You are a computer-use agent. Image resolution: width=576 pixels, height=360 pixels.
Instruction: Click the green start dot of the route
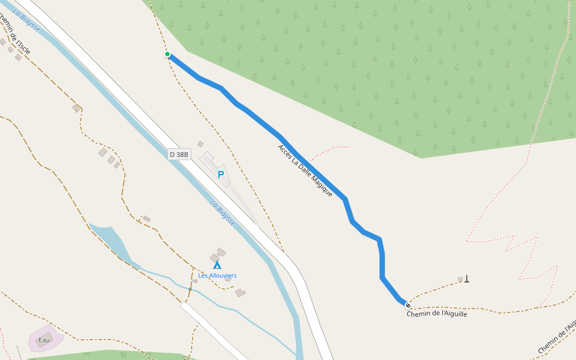coord(167,55)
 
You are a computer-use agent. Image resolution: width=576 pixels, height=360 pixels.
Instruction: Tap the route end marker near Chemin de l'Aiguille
coord(408,305)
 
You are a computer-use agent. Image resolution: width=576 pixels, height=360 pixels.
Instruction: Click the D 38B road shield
coord(179,154)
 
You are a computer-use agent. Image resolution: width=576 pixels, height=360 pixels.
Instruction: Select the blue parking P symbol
coord(220,175)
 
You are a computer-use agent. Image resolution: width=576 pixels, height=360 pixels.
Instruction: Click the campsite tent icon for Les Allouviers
coord(217,265)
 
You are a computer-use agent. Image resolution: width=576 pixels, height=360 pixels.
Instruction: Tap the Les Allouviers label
coord(217,275)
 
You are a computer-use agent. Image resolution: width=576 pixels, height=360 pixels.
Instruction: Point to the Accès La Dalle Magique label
coord(305,170)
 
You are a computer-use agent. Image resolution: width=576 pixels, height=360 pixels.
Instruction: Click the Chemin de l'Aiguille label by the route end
coord(436,314)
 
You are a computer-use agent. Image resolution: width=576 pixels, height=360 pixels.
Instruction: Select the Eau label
coord(44,340)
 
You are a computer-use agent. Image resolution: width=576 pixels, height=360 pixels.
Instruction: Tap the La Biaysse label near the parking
coord(222,213)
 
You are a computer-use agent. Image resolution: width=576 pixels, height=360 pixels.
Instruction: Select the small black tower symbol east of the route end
coord(467,278)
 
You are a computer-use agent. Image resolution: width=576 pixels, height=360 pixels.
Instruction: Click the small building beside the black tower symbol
coord(460,279)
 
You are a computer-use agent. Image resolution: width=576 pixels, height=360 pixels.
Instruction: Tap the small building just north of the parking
coord(200,144)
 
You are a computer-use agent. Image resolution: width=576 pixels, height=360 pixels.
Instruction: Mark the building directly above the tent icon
coord(218,254)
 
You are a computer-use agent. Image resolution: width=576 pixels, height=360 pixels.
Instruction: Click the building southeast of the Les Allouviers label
coord(240,293)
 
